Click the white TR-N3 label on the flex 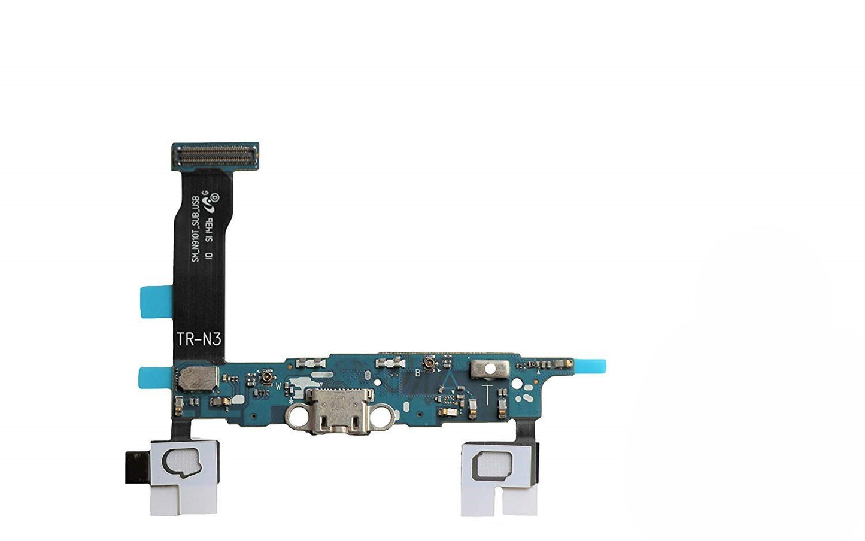(x=199, y=339)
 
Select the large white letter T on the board (x=488, y=394)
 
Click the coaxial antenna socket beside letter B (x=429, y=364)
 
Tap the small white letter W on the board (x=278, y=386)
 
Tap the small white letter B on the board (x=418, y=372)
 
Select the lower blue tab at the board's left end (x=154, y=378)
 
